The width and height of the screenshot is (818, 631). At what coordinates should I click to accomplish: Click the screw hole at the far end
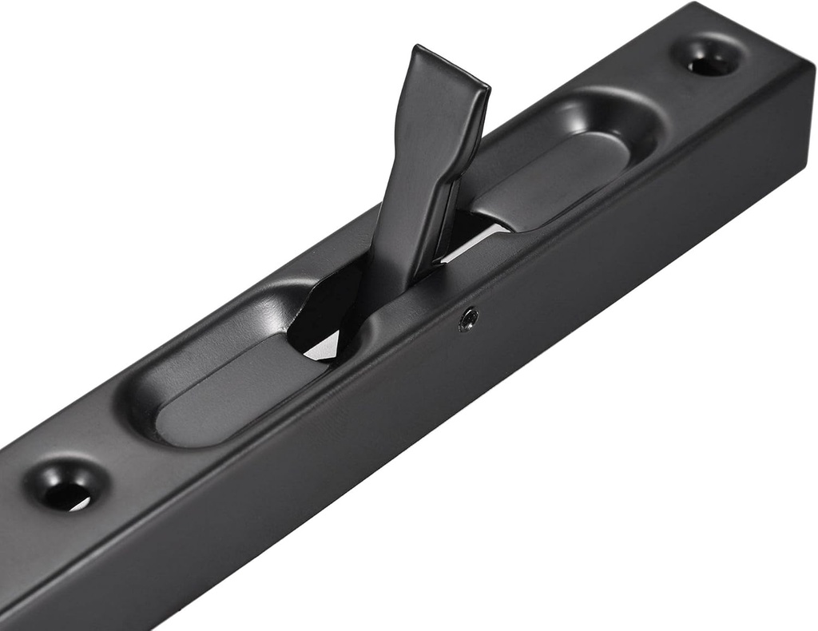[708, 59]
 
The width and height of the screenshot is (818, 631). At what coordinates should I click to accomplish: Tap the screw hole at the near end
[67, 486]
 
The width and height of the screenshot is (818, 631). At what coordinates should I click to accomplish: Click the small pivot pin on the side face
[469, 319]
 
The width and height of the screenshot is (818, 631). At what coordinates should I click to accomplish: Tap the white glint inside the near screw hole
[81, 503]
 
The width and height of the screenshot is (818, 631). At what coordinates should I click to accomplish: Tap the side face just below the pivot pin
[471, 351]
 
